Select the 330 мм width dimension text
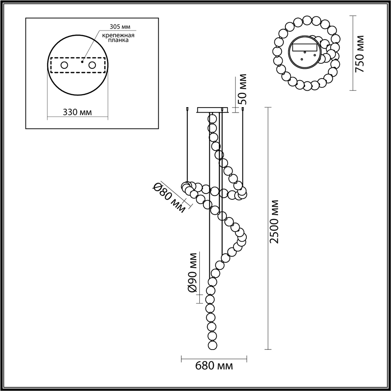[77, 112]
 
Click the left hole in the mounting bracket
[63, 65]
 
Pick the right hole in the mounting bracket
[92, 65]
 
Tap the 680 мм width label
[214, 366]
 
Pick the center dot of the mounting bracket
[82, 61]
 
